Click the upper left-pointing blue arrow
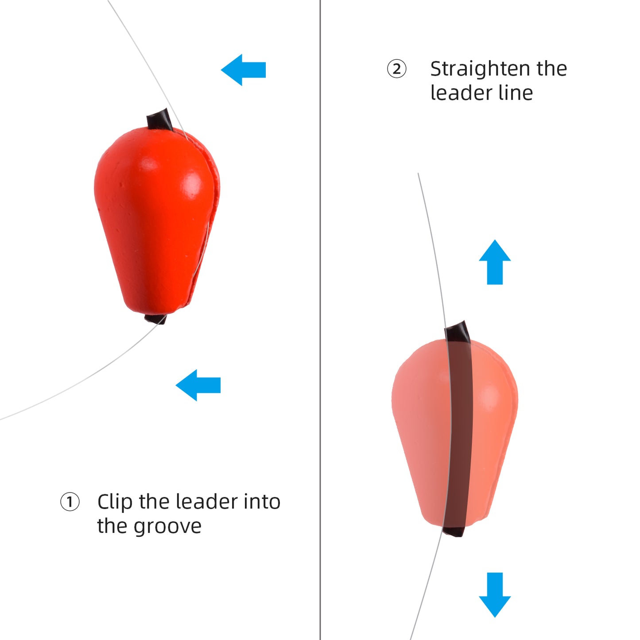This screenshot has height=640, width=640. click(x=244, y=70)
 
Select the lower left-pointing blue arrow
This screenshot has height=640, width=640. click(x=198, y=385)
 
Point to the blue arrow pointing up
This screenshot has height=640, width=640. click(x=495, y=262)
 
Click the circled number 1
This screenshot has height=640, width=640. click(x=70, y=501)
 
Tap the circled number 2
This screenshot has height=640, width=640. click(x=396, y=69)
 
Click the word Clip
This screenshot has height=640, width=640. click(x=115, y=502)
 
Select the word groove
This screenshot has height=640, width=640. click(x=167, y=527)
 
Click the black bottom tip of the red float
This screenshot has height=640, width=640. click(x=155, y=319)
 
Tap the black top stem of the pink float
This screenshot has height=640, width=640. click(x=458, y=331)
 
